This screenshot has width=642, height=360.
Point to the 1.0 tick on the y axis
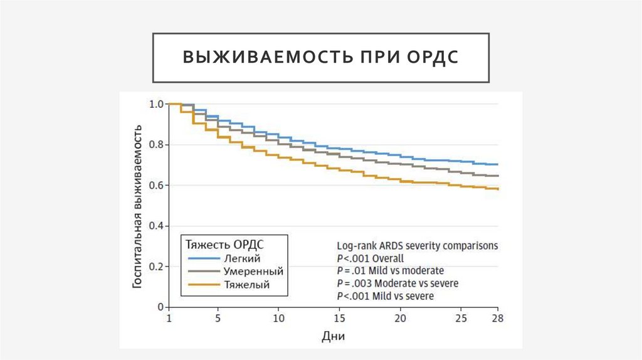click(156, 104)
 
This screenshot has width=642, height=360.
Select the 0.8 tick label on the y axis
click(156, 145)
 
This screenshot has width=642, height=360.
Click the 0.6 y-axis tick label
click(156, 185)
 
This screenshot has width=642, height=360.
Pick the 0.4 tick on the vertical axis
click(156, 226)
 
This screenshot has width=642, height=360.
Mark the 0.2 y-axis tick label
click(156, 267)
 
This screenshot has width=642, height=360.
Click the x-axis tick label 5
click(218, 319)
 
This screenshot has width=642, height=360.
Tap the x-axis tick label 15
click(340, 319)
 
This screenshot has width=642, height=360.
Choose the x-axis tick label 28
click(498, 319)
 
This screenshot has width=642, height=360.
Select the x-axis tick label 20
click(401, 319)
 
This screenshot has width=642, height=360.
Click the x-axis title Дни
click(333, 337)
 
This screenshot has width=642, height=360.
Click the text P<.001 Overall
click(370, 258)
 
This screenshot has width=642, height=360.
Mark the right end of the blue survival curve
click(498, 164)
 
